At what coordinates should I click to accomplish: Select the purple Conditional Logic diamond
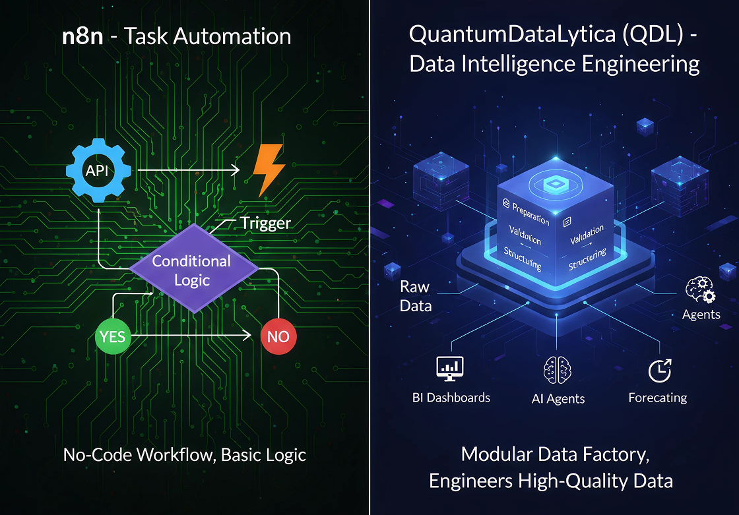point(191,270)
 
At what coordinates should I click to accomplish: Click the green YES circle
point(113,336)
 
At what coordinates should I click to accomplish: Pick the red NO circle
point(278,336)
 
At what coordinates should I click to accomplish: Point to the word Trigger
point(265,223)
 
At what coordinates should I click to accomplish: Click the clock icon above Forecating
point(658,370)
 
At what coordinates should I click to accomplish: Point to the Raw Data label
point(416,296)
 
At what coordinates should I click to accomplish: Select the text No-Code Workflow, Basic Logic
point(184,454)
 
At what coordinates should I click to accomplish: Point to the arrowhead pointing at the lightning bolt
point(235,170)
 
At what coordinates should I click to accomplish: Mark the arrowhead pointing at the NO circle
point(247,336)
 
